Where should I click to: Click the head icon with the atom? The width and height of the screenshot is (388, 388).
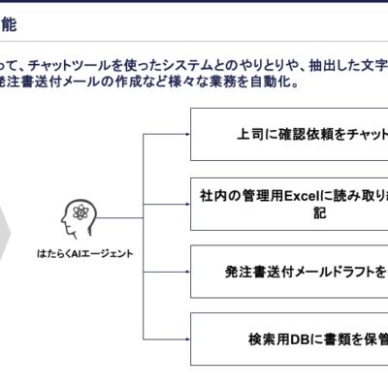[x=80, y=218]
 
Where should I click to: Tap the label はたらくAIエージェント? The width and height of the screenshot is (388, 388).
[x=84, y=254]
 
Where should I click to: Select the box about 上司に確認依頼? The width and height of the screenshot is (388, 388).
[x=289, y=134]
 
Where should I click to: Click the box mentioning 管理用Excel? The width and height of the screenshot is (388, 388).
[x=289, y=204]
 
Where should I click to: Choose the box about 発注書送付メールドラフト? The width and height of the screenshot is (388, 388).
[x=289, y=272]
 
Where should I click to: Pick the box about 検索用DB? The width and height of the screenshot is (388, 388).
[x=289, y=339]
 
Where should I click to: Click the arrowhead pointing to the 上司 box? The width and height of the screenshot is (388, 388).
[x=187, y=134]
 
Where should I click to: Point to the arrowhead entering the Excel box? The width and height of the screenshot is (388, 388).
[x=187, y=204]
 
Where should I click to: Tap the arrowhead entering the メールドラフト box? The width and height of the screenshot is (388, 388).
[x=187, y=272]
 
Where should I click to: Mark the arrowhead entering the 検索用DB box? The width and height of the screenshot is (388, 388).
[x=187, y=339]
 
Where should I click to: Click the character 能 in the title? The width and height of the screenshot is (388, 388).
[x=9, y=24]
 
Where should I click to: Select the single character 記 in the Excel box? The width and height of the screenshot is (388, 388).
[x=320, y=213]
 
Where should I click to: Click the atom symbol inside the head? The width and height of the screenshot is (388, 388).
[x=81, y=212]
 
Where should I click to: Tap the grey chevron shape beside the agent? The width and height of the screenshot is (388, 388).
[x=5, y=233]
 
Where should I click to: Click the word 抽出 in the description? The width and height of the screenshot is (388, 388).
[x=322, y=66]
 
